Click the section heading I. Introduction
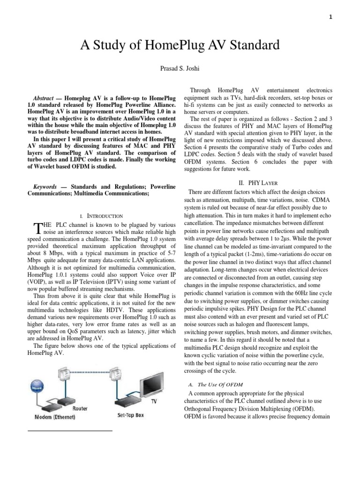(102, 216)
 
